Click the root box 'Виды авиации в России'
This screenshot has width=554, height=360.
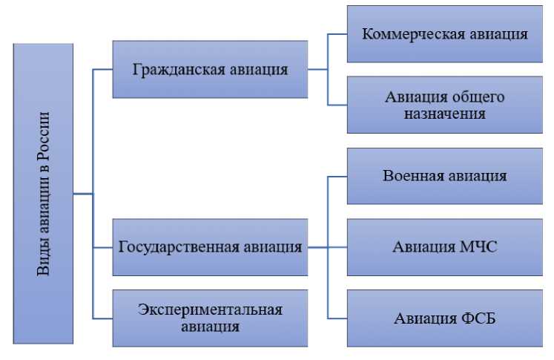click(43, 193)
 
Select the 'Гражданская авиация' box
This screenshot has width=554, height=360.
click(210, 70)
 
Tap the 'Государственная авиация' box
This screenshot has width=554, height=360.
click(210, 247)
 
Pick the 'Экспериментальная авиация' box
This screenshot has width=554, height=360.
click(210, 318)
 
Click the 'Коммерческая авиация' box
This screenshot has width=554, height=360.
click(445, 34)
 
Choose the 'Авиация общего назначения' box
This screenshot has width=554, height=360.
click(445, 105)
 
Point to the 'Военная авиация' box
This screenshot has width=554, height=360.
click(445, 176)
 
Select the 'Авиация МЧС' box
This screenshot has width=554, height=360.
click(445, 247)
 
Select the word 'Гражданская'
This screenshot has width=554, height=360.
click(175, 70)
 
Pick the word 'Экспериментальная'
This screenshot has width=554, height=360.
click(210, 310)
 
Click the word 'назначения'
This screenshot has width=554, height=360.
click(445, 114)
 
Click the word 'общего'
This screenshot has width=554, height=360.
click(474, 97)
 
